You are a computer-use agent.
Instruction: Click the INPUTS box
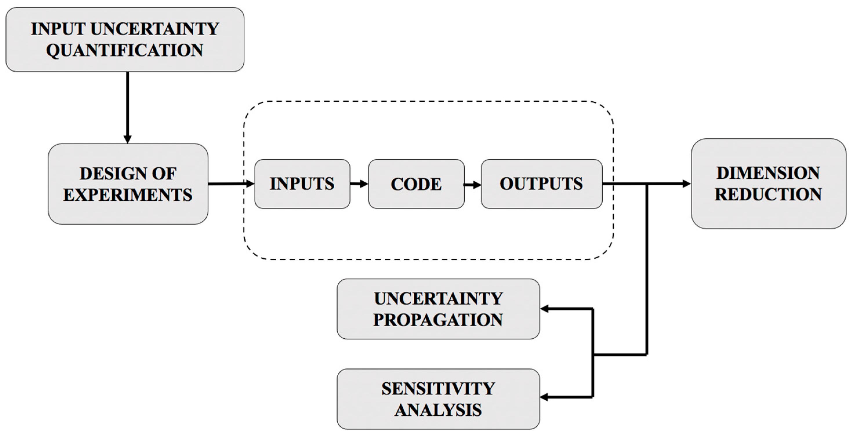[x=302, y=184]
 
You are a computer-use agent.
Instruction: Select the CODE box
[x=416, y=184]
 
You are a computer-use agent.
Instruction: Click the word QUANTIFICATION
[x=125, y=50]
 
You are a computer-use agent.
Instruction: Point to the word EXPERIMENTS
[x=128, y=195]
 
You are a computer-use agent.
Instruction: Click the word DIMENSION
[x=768, y=173]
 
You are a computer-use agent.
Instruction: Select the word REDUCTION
[x=768, y=194]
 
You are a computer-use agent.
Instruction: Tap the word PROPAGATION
[x=438, y=320]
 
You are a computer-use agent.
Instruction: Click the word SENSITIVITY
[x=438, y=389]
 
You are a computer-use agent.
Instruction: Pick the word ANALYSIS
[x=438, y=410]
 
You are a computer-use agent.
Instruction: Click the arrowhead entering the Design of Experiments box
[x=128, y=139]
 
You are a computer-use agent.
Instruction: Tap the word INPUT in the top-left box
[x=58, y=29]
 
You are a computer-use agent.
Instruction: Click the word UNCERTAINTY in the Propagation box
[x=438, y=299]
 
